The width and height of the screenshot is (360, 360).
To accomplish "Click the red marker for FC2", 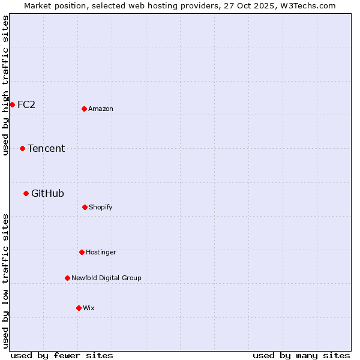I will coord(12,104).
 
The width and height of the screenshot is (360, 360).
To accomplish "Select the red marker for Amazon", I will coord(84,109).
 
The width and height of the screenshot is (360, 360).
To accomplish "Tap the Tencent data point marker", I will coord(22,148).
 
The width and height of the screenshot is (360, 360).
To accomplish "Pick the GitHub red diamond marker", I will coord(26,193).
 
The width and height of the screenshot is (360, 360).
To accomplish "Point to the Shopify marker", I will coord(85,207).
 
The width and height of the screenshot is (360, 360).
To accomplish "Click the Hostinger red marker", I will coord(82,252).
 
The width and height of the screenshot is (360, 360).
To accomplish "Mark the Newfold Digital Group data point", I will coord(67,278).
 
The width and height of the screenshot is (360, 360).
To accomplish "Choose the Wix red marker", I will coord(79,308).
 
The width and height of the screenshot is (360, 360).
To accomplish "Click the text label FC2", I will coord(26,104).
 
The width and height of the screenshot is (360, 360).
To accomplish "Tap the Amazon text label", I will coord(101,109).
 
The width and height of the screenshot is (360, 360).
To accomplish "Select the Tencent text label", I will coord(46,148).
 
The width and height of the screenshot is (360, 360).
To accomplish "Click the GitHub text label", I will coord(47,193).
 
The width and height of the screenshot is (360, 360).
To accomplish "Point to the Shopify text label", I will coord(101,207).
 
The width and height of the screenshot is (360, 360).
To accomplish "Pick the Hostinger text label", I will coord(101,252).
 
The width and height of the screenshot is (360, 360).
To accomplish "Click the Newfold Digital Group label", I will coord(106,278).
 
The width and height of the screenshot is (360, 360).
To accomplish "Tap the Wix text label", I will coord(89,308).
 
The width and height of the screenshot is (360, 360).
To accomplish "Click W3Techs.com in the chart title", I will coord(310,5).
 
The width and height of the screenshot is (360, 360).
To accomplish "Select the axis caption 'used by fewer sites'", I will coord(62,355).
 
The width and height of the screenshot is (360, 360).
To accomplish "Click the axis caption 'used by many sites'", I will coord(301,355).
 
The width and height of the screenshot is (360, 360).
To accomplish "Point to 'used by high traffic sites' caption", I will coord(5,85).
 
